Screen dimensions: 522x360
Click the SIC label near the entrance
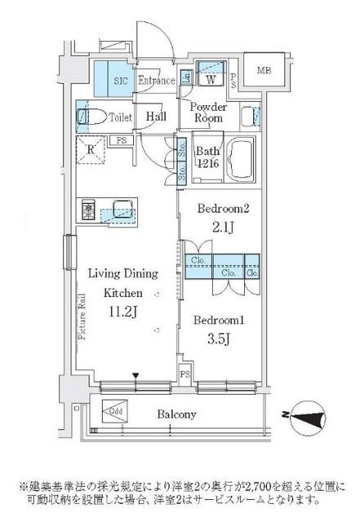(118, 81)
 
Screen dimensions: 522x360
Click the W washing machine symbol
(210, 80)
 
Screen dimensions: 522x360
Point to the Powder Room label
(208, 113)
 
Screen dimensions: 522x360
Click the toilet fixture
(89, 116)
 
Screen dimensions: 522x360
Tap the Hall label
(157, 117)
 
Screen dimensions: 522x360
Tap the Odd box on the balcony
(114, 410)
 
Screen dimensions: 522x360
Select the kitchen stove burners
(87, 211)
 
